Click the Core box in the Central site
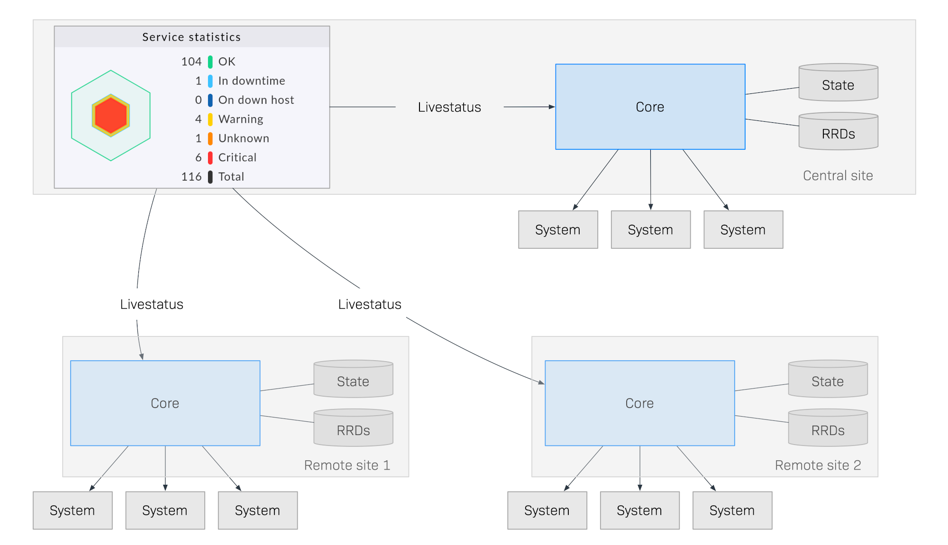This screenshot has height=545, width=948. pyautogui.click(x=650, y=107)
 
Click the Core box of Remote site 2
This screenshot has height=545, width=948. pyautogui.click(x=639, y=403)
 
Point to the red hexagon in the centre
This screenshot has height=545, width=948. pyautogui.click(x=110, y=115)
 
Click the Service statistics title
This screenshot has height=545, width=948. pyautogui.click(x=191, y=37)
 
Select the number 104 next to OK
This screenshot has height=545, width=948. pyautogui.click(x=191, y=62)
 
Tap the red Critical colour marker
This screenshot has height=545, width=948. pyautogui.click(x=210, y=158)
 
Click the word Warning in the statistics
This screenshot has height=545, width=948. pyautogui.click(x=240, y=119)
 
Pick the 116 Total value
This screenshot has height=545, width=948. pyautogui.click(x=191, y=177)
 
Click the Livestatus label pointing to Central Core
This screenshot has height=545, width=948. pyautogui.click(x=449, y=107)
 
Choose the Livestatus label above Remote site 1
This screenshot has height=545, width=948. pyautogui.click(x=151, y=304)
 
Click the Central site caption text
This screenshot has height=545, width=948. pyautogui.click(x=838, y=176)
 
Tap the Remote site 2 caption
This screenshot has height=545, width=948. pyautogui.click(x=818, y=465)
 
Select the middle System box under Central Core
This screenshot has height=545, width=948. pyautogui.click(x=650, y=230)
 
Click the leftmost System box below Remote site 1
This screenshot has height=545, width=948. pyautogui.click(x=73, y=510)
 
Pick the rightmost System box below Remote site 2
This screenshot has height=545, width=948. pyautogui.click(x=732, y=510)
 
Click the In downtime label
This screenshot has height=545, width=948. pyautogui.click(x=251, y=81)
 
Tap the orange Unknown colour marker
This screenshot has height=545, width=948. pyautogui.click(x=210, y=138)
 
